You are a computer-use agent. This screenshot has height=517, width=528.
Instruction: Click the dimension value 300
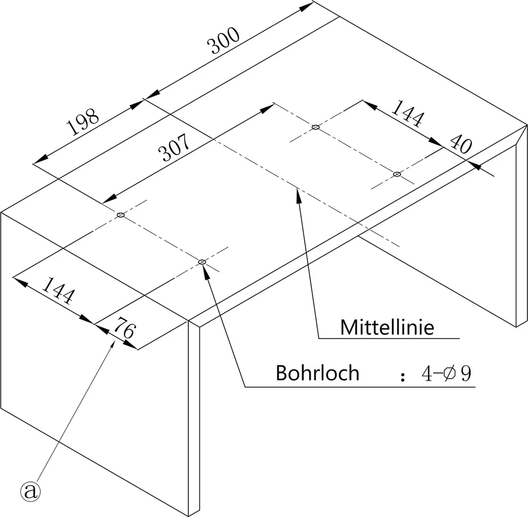tap(223, 40)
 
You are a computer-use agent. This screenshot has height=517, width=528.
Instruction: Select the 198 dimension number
tap(83, 121)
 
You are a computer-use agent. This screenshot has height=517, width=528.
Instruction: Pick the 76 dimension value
tap(125, 327)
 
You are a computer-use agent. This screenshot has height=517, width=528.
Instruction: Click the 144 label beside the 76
tap(58, 290)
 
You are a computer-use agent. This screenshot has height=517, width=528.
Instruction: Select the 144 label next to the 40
tap(407, 114)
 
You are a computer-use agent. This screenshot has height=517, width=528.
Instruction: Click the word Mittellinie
tap(387, 327)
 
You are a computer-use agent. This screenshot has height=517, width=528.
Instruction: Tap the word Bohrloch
tap(318, 373)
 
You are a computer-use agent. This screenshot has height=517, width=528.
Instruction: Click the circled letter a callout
tap(30, 492)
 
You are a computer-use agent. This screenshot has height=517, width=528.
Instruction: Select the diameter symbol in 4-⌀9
tap(450, 374)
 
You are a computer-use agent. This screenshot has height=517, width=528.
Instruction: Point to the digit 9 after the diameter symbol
tap(466, 374)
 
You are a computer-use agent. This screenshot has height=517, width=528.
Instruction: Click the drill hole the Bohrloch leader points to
tap(202, 262)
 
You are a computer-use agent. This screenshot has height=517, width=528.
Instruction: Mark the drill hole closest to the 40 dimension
tap(398, 174)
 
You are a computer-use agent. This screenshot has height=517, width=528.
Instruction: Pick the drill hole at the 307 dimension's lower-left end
tap(121, 215)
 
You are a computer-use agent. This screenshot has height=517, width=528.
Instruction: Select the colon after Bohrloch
tap(403, 377)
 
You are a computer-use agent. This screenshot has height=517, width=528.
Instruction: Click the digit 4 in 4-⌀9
tap(427, 374)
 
